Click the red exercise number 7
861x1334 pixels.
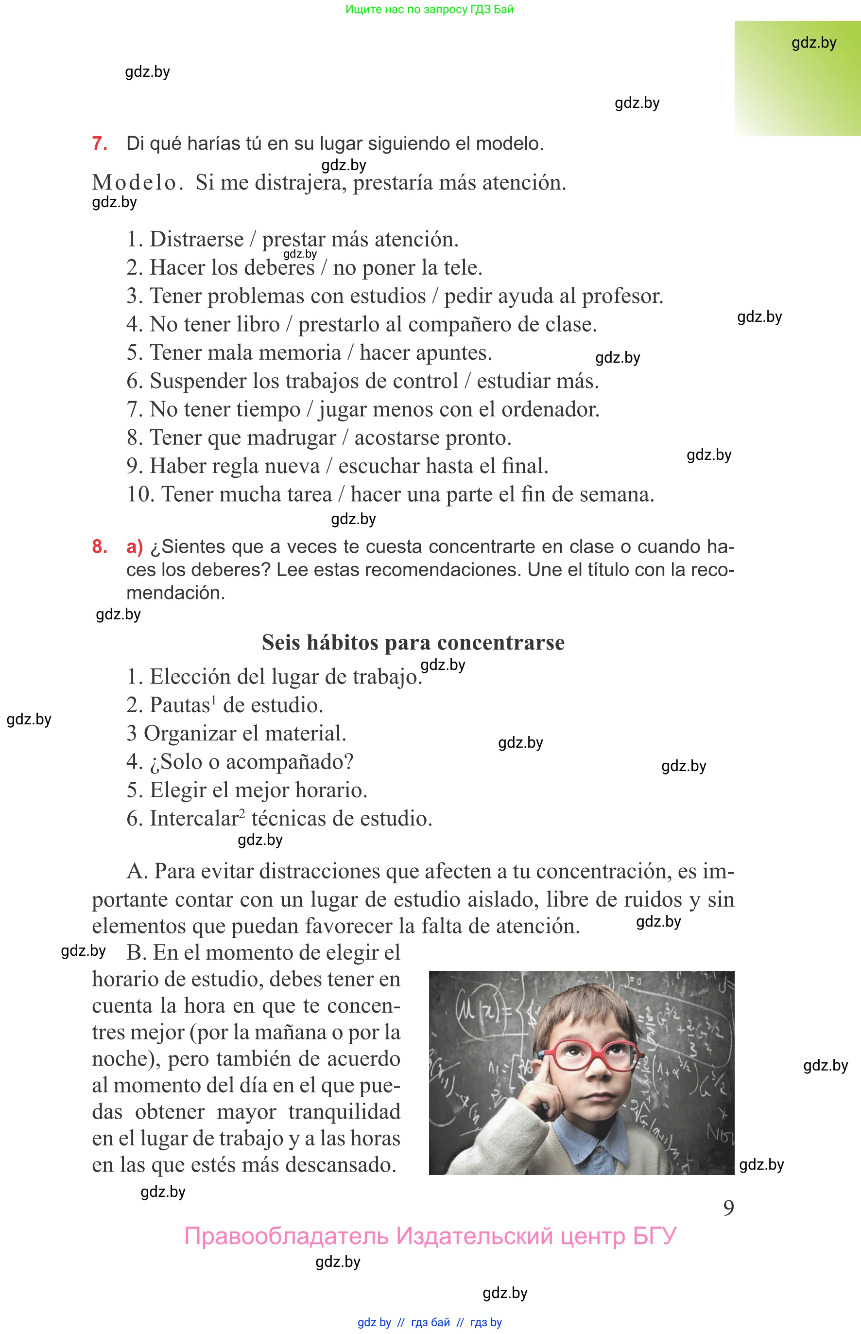(x=100, y=144)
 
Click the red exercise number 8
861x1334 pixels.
(x=100, y=546)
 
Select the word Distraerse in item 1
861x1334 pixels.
(x=197, y=239)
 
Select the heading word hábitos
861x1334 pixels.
(x=342, y=643)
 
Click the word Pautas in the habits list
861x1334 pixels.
(x=179, y=705)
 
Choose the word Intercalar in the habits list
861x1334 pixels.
(x=194, y=819)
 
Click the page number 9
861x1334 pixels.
(x=728, y=1208)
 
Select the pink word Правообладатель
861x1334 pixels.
(x=286, y=1236)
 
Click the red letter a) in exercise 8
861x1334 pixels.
(x=135, y=546)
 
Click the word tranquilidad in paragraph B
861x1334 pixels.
(x=344, y=1112)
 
